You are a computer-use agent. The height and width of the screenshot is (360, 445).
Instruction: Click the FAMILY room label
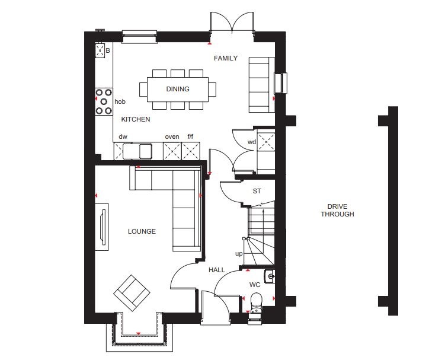[x=226, y=58]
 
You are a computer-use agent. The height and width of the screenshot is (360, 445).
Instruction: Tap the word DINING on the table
[x=178, y=89]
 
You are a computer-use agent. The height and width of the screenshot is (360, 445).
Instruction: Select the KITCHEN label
[x=136, y=119]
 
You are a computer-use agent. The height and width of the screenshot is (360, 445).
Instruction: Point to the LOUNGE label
[x=142, y=231]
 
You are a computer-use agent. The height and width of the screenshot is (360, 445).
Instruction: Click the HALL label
[x=217, y=270]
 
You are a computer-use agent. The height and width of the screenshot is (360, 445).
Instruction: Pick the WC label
[x=255, y=285]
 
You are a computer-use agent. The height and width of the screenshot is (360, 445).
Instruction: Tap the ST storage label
[x=257, y=191]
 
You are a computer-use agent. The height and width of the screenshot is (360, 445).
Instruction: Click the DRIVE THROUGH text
[x=337, y=211]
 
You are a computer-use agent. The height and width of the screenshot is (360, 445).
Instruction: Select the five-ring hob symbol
[x=104, y=101]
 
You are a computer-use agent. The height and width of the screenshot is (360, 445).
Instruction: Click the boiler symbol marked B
[x=100, y=50]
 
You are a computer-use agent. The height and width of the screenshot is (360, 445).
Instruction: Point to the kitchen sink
[x=137, y=151]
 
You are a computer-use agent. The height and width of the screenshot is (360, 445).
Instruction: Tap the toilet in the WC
[x=256, y=303]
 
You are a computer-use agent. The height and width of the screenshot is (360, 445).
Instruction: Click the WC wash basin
[x=270, y=276]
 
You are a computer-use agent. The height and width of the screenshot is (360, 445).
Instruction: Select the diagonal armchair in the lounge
[x=132, y=293]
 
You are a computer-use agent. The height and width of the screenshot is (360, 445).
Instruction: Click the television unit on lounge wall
[x=101, y=227]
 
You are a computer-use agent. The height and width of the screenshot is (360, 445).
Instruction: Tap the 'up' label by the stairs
[x=239, y=253]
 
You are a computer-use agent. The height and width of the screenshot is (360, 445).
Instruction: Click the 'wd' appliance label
[x=252, y=142]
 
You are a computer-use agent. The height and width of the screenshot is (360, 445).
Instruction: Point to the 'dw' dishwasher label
[x=123, y=137]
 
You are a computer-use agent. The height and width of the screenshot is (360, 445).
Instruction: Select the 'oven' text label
[x=172, y=137]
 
